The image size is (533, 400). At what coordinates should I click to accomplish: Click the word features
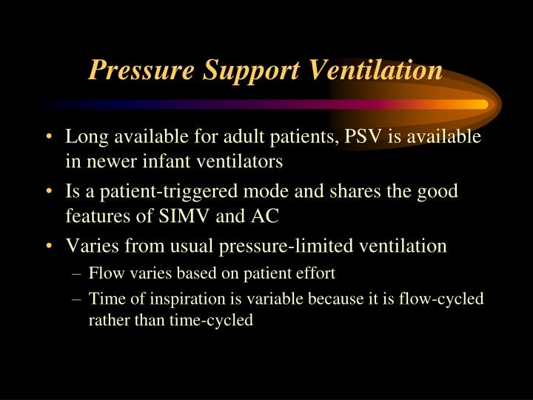(95, 213)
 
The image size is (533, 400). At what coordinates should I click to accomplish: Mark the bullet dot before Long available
(48, 139)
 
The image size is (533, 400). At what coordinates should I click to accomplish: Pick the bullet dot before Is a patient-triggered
(48, 192)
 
